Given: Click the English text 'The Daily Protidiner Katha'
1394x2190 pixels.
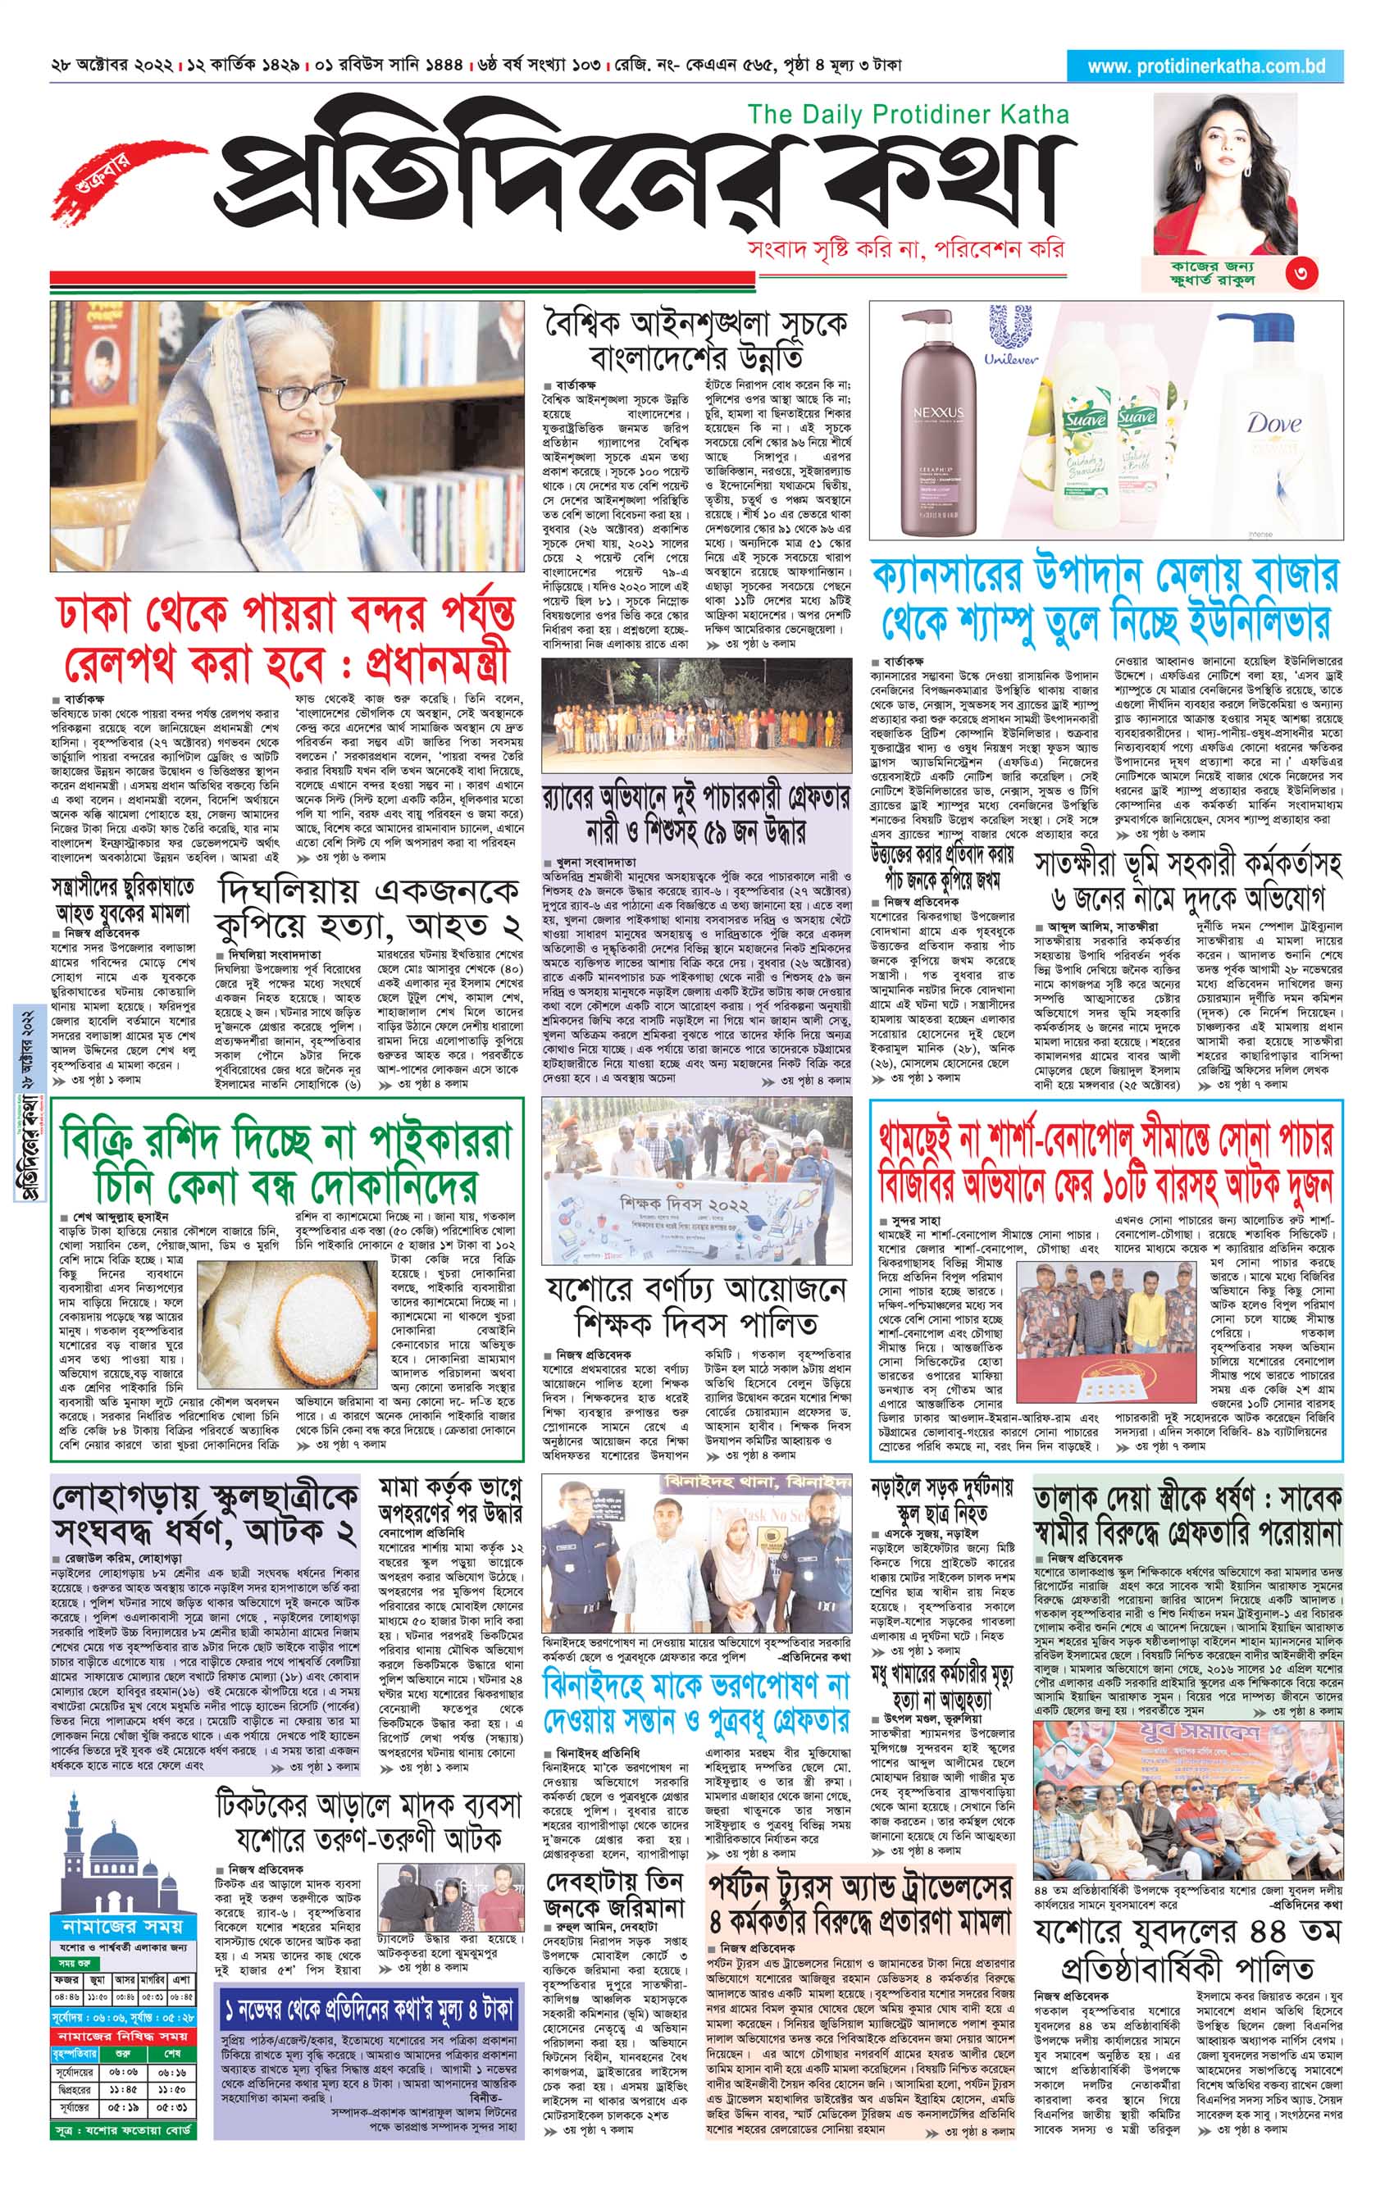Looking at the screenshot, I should [908, 115].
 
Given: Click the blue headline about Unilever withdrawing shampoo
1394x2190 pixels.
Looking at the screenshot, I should [1105, 600].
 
